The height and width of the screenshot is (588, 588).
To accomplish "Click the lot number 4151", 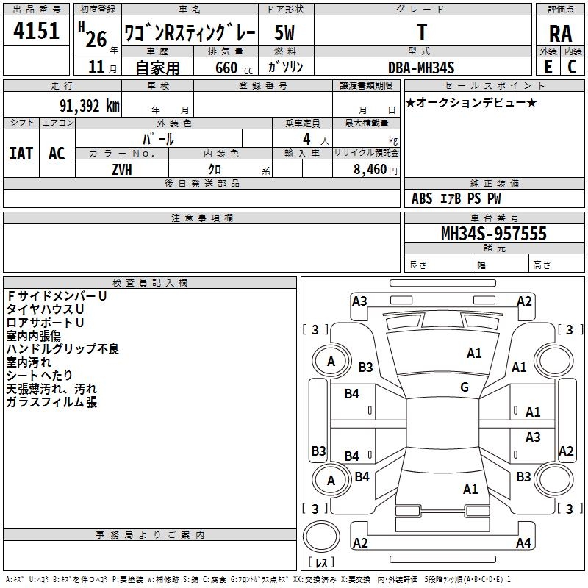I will coord(36,32).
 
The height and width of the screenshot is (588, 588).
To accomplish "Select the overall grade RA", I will coord(560,32).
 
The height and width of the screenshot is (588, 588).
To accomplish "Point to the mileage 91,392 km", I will coord(84,106).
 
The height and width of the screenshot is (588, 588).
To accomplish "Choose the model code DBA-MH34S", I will coord(421,68).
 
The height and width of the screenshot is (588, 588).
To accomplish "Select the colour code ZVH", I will coord(122,169).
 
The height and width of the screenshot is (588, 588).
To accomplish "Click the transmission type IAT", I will coord(21,154).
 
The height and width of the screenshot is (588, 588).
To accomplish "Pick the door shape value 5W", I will coord(285,33).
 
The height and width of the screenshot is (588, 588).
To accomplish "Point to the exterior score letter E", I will coord(548,67).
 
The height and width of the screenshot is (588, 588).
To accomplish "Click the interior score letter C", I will coord(572,67).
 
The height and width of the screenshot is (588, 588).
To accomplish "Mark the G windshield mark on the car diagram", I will coord(465,387).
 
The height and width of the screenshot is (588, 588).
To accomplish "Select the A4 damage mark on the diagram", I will coord(523,543).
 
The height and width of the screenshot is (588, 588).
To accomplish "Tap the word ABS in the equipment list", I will coord(422,198).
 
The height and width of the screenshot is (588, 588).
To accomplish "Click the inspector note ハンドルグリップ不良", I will coord(62,349).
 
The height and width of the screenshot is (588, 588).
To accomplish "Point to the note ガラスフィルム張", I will coord(51,402).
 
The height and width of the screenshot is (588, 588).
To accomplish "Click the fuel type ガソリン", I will coord(286,68).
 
